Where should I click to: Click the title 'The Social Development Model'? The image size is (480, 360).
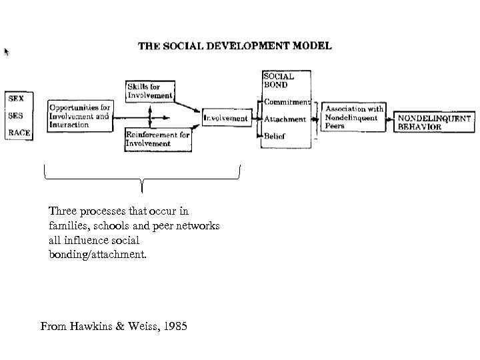(x=234, y=46)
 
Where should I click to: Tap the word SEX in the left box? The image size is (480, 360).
(x=15, y=98)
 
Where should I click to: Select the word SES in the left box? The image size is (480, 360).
(x=15, y=115)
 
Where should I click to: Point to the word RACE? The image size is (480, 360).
(x=18, y=132)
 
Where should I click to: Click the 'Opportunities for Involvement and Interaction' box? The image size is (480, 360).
(x=79, y=115)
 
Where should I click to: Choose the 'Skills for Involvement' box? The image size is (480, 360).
(x=149, y=91)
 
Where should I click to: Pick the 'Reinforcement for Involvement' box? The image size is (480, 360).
(x=157, y=139)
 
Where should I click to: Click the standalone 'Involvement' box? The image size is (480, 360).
(x=225, y=119)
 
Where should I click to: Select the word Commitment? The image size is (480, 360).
(x=287, y=102)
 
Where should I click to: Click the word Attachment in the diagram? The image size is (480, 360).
(x=285, y=119)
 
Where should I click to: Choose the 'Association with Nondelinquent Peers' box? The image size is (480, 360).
(x=353, y=117)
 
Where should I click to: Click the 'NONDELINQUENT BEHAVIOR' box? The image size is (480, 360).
(x=434, y=122)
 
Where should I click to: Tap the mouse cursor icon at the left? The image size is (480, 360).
(x=7, y=51)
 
